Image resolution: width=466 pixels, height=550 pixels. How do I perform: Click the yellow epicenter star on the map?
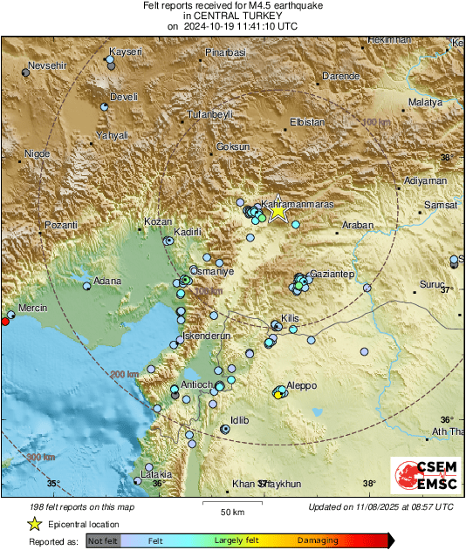point(278,210)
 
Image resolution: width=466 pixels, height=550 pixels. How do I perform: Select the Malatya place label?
point(426,103)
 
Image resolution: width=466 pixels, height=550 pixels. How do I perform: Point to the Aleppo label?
point(302,385)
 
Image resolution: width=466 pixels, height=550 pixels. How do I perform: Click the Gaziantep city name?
point(332,274)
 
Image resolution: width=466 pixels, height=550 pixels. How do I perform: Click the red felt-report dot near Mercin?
point(4,322)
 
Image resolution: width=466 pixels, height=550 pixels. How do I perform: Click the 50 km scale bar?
point(231,504)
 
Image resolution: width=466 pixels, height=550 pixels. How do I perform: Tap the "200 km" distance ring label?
point(125,374)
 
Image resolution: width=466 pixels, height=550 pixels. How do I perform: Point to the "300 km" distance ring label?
point(41,457)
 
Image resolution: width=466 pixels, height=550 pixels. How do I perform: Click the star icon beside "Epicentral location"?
point(34,524)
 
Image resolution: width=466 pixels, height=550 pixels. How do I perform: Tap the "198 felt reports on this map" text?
point(82,506)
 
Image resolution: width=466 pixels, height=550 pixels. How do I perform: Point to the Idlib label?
point(239,420)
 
